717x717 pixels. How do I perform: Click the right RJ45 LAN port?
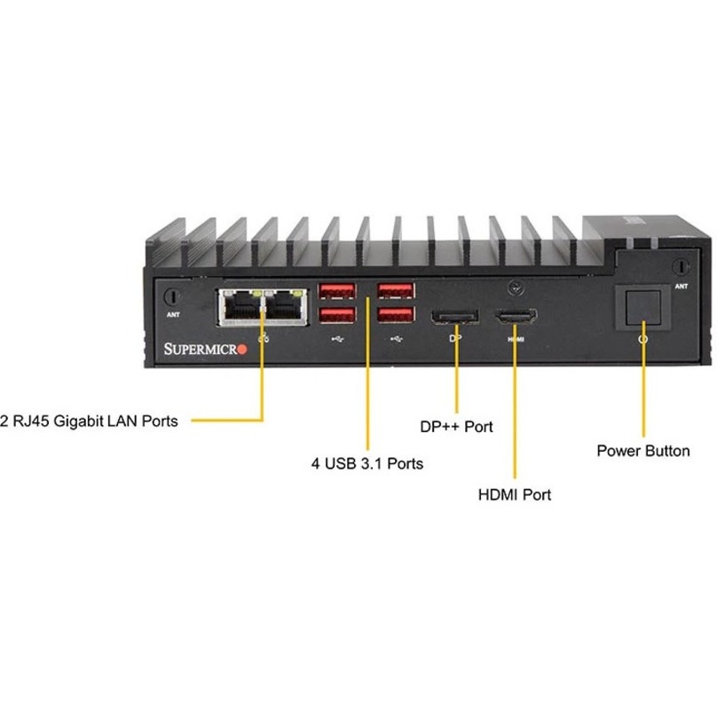click(286, 306)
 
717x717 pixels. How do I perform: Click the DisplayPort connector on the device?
click(453, 317)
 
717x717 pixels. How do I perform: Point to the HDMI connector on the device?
click(516, 317)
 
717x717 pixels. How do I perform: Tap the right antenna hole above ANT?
click(680, 266)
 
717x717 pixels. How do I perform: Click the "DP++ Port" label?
click(456, 427)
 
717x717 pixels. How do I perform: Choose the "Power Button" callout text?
click(642, 451)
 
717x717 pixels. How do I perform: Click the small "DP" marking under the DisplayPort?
click(455, 339)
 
